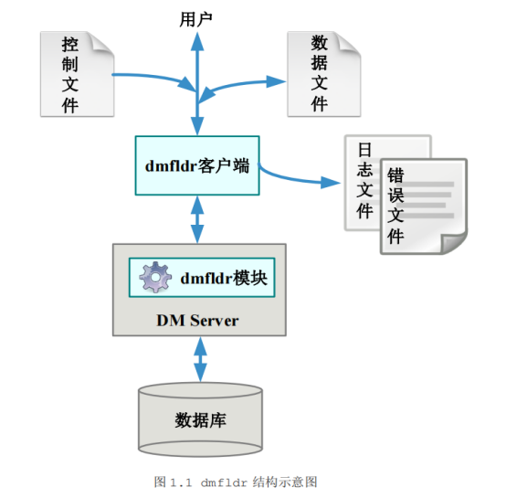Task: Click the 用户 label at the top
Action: click(x=197, y=17)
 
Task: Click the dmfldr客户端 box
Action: click(x=196, y=165)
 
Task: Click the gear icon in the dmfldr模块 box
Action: click(x=156, y=277)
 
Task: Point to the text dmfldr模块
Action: click(x=225, y=278)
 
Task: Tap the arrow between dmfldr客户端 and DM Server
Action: click(x=197, y=219)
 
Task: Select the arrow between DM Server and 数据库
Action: click(x=198, y=359)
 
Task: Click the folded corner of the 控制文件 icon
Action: click(x=104, y=43)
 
